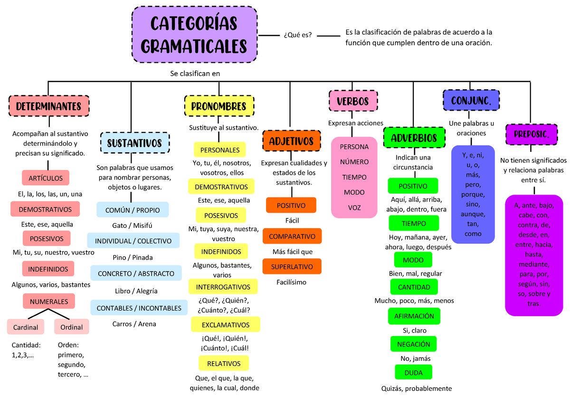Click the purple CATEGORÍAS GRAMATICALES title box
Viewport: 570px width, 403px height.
[194, 35]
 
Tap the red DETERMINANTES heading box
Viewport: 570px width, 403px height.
[49, 106]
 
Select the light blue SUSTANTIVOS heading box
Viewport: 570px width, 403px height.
[135, 142]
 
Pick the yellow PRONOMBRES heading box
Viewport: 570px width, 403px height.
[219, 106]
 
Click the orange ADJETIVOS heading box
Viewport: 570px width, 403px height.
[292, 141]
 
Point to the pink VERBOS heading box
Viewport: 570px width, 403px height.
[353, 101]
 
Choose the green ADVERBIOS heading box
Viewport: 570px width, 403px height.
[414, 138]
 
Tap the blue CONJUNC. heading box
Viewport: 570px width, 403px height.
[471, 100]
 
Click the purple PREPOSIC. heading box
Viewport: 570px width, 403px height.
[532, 134]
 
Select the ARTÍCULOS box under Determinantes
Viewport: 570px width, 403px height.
[46, 178]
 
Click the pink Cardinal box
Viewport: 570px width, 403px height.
[26, 327]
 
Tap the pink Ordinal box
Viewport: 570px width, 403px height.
[72, 327]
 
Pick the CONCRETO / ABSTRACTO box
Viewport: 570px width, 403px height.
[136, 273]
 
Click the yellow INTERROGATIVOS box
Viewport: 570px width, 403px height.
[223, 287]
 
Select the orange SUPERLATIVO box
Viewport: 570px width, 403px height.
[292, 266]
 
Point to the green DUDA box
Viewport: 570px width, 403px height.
[414, 372]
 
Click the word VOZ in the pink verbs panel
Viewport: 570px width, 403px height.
[354, 207]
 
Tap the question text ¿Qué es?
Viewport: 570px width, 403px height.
[298, 35]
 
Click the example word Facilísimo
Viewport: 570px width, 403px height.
[291, 282]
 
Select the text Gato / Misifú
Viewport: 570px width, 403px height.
[132, 225]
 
